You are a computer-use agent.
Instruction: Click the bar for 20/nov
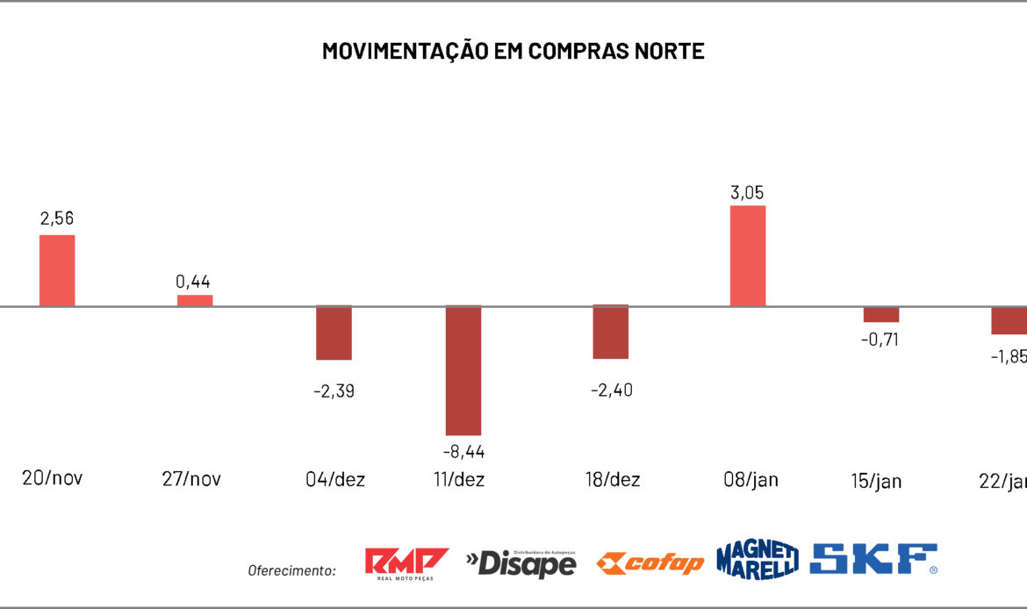[x=57, y=270]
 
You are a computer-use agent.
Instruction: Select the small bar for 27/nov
[x=195, y=300]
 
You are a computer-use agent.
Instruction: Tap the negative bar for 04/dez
[x=334, y=333]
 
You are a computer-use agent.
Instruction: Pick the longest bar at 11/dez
[x=463, y=370]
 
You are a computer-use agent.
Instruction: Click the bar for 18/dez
[x=610, y=332]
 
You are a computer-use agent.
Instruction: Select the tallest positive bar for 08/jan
[x=748, y=255]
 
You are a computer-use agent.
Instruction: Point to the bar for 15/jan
[x=880, y=314]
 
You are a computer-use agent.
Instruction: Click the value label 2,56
[x=57, y=219]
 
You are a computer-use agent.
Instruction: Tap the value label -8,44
[x=463, y=452]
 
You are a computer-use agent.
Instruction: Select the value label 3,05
[x=748, y=192]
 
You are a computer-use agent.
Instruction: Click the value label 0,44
[x=193, y=282]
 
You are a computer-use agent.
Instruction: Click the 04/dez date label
[x=335, y=480]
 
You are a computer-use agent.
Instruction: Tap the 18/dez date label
[x=613, y=480]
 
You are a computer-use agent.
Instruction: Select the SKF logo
[x=873, y=559]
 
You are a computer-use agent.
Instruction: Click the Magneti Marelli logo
[x=757, y=559]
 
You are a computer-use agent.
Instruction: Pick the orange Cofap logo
[x=650, y=562]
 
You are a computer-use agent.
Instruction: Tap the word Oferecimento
[x=291, y=570]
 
